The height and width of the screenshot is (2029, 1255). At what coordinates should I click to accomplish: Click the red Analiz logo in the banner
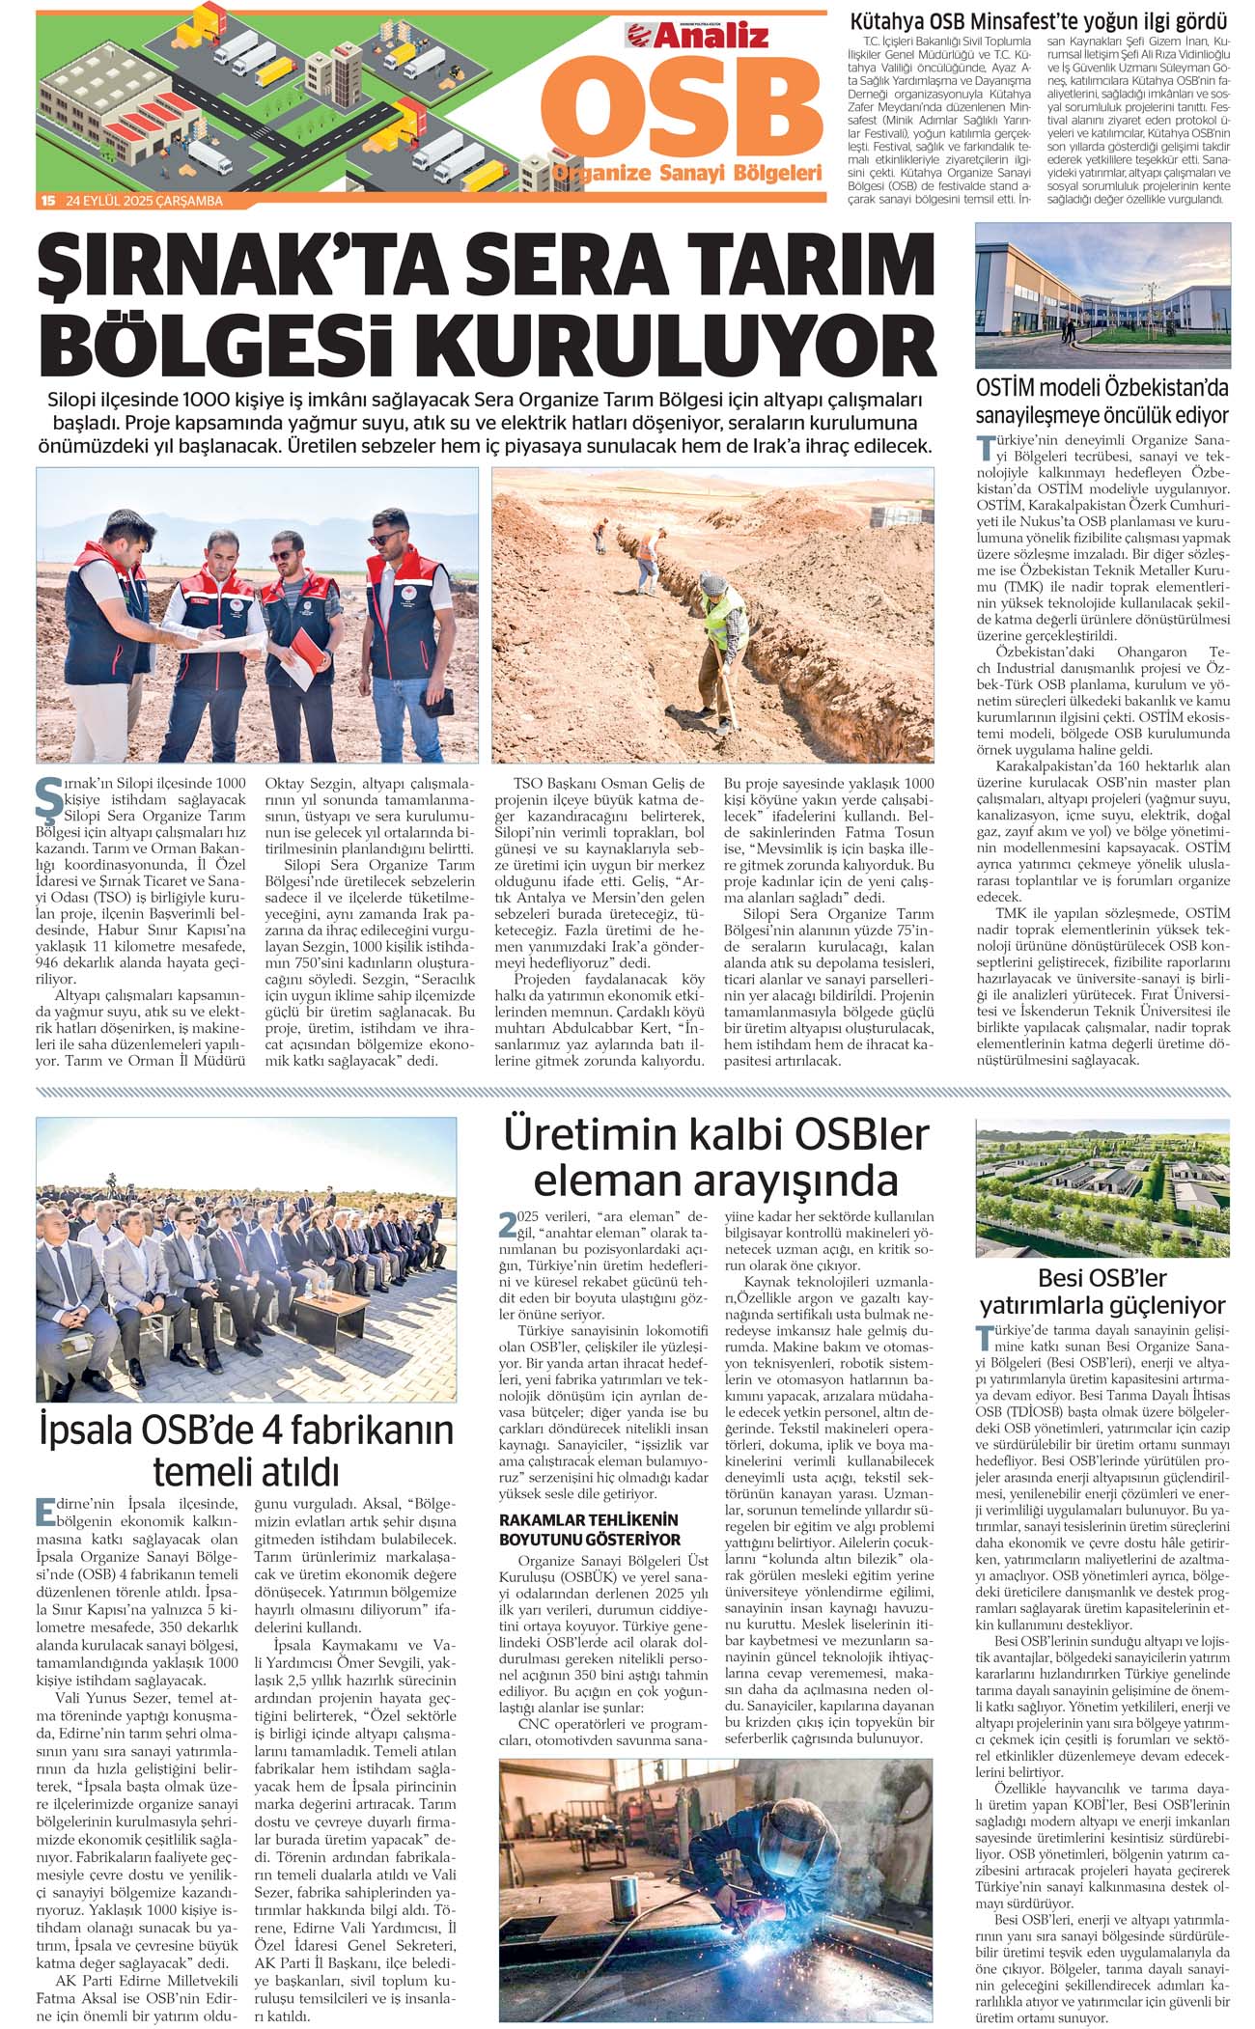(x=698, y=36)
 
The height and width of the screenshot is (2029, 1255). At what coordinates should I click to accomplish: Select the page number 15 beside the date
(x=47, y=201)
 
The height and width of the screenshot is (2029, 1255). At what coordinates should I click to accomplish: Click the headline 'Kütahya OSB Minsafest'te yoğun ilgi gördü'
(x=1038, y=21)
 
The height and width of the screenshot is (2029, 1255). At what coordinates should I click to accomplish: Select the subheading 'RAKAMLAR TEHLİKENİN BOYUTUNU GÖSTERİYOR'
(x=589, y=1529)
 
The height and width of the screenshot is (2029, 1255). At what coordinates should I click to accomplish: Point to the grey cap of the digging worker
(x=712, y=582)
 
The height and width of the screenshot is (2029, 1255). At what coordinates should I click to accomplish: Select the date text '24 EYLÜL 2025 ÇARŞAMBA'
(x=145, y=201)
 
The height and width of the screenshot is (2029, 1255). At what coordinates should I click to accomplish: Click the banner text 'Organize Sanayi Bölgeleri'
(x=686, y=174)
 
